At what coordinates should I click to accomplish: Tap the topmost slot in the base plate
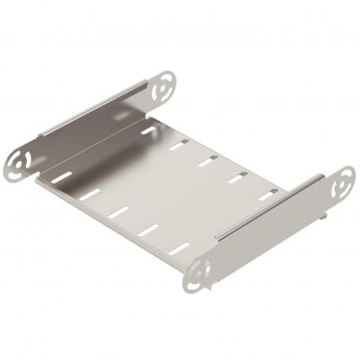pyautogui.click(x=149, y=129)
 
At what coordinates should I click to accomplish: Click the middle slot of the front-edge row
pyautogui.click(x=119, y=212)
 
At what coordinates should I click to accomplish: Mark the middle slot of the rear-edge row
pyautogui.click(x=208, y=161)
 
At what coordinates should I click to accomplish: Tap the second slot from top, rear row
pyautogui.click(x=179, y=144)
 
